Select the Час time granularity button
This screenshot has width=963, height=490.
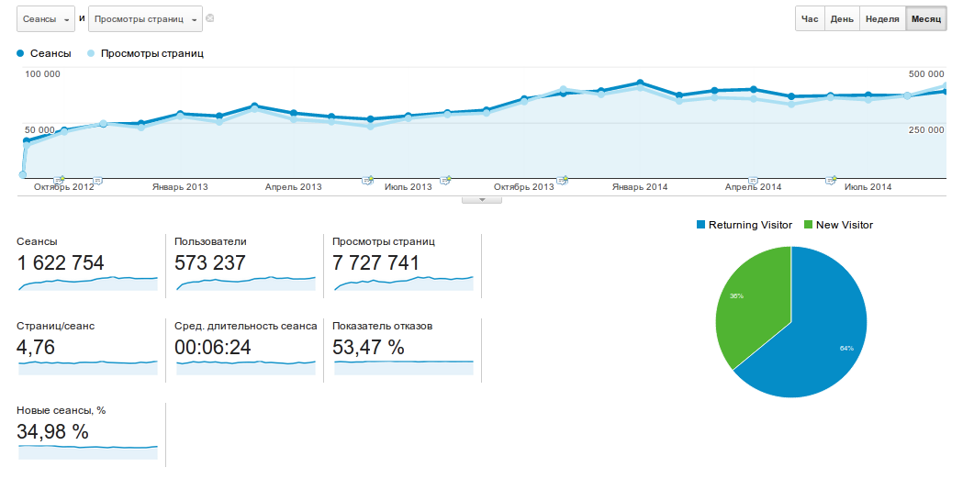pos(810,18)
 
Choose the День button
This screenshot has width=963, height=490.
pos(842,18)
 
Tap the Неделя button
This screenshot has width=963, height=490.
pos(882,18)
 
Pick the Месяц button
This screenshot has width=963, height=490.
pos(925,18)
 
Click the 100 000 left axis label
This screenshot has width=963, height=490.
pos(42,74)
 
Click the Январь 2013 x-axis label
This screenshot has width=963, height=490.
pos(180,187)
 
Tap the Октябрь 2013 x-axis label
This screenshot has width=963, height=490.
pos(524,187)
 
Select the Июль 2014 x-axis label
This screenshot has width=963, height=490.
pos(868,187)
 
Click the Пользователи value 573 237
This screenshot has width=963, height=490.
pos(210,263)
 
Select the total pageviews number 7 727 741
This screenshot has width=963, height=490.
pos(376,263)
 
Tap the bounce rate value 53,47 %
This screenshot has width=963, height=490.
pos(369,348)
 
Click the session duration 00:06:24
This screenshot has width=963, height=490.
pos(212,348)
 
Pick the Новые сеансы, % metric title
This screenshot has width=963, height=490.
pos(62,410)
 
